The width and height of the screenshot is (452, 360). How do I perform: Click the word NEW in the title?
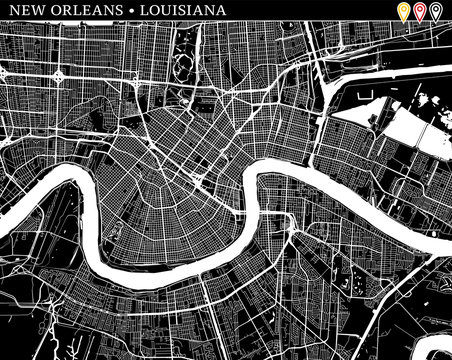coord(23,11)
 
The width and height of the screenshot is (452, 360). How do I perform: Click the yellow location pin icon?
coord(402,12)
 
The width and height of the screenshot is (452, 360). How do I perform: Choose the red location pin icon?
coord(420,12)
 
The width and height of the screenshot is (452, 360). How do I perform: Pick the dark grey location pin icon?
coord(437,12)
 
